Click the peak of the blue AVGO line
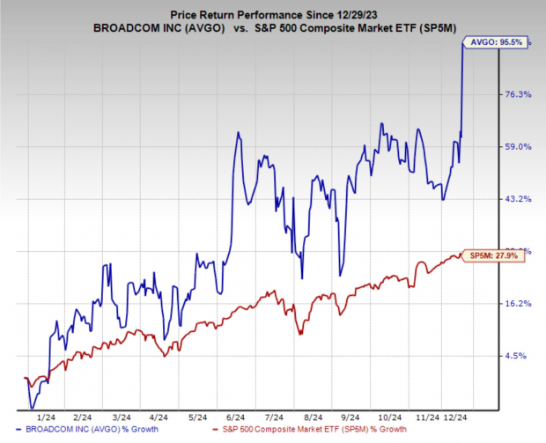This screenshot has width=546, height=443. point(464,41)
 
